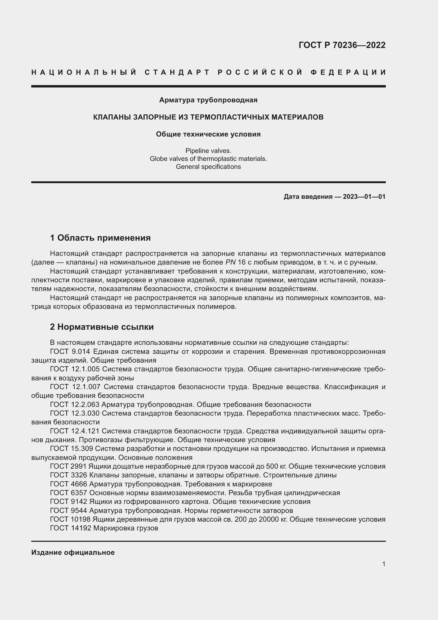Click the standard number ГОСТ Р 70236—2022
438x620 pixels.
tap(342, 45)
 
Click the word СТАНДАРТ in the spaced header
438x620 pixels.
tap(177, 72)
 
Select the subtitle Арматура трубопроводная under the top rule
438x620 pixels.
tap(208, 100)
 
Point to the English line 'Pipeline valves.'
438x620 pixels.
tap(208, 151)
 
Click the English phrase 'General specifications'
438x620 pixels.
tap(208, 167)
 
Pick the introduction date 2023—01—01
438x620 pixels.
tap(364, 197)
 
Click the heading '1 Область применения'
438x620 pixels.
tap(100, 238)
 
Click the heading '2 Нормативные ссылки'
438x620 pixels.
tap(102, 327)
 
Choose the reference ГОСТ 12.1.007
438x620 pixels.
tap(75, 387)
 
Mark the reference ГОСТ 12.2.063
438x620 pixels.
tap(75, 404)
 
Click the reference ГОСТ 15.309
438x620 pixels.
tap(71, 448)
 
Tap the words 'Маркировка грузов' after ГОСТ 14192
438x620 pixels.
tap(126, 528)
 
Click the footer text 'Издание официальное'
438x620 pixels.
tap(73, 552)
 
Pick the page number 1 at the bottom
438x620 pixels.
tap(384, 564)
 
